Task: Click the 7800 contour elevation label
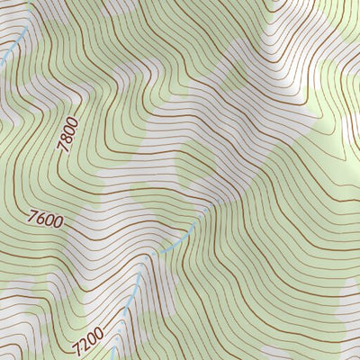70,135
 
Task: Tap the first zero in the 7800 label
72,130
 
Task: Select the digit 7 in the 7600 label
33,216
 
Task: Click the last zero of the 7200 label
99,332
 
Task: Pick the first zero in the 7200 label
92,338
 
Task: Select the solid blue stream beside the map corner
7,56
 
